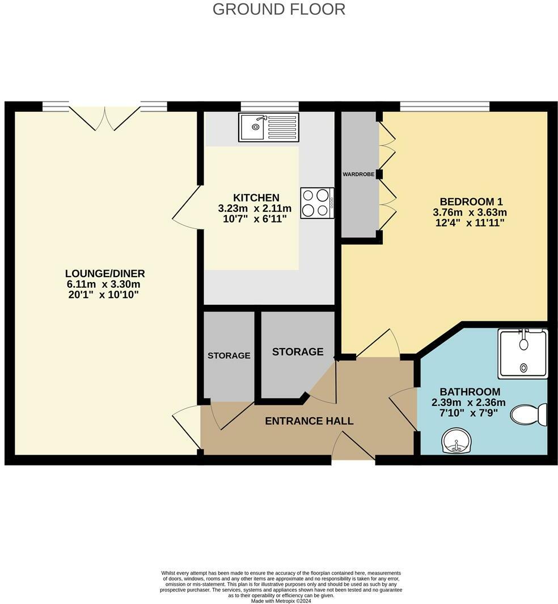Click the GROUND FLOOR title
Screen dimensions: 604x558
pos(278,9)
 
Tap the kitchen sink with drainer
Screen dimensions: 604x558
pos(268,127)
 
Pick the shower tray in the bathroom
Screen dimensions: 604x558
pos(523,354)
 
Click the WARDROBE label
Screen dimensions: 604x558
pos(358,174)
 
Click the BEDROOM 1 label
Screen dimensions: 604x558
pos(471,202)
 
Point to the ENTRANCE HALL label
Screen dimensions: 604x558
pos(309,421)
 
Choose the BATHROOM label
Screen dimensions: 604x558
pos(470,392)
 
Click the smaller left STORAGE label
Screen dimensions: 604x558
pos(229,355)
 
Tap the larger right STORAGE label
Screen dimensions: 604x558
pos(298,352)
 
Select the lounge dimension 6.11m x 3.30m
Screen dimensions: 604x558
pos(102,284)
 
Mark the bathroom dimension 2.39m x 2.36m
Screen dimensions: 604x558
pos(468,402)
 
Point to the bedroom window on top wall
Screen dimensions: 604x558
pos(445,106)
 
